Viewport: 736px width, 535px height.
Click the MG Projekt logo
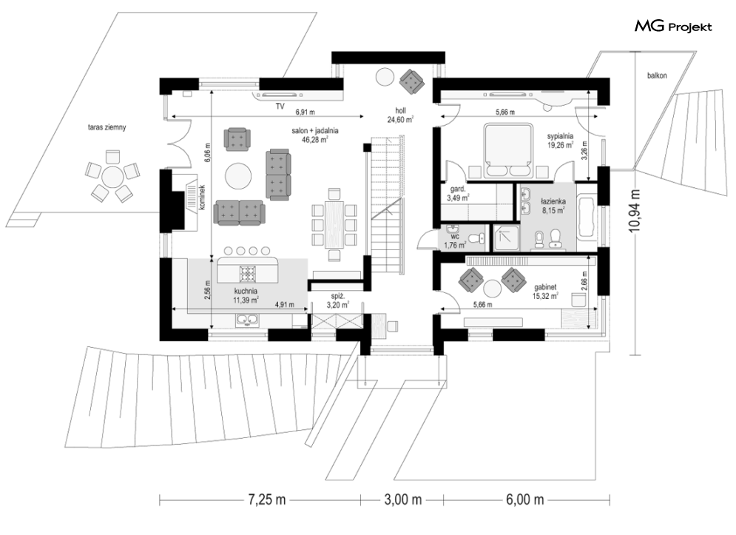673,27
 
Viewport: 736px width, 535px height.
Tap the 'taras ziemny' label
107,127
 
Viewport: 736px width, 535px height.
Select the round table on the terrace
112,177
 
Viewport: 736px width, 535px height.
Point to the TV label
280,107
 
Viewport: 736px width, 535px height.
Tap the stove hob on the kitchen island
248,273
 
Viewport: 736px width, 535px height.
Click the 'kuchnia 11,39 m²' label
246,295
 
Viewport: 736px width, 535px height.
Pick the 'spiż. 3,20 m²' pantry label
338,300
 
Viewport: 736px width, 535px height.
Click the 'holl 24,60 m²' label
400,115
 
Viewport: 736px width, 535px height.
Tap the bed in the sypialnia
509,151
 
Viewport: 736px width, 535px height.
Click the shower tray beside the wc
505,238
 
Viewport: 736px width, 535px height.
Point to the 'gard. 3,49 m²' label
458,194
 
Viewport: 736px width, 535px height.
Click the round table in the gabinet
493,288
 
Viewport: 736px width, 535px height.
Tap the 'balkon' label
657,75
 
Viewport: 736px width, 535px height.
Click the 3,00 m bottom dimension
402,499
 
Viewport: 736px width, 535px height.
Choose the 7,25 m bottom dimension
266,499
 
